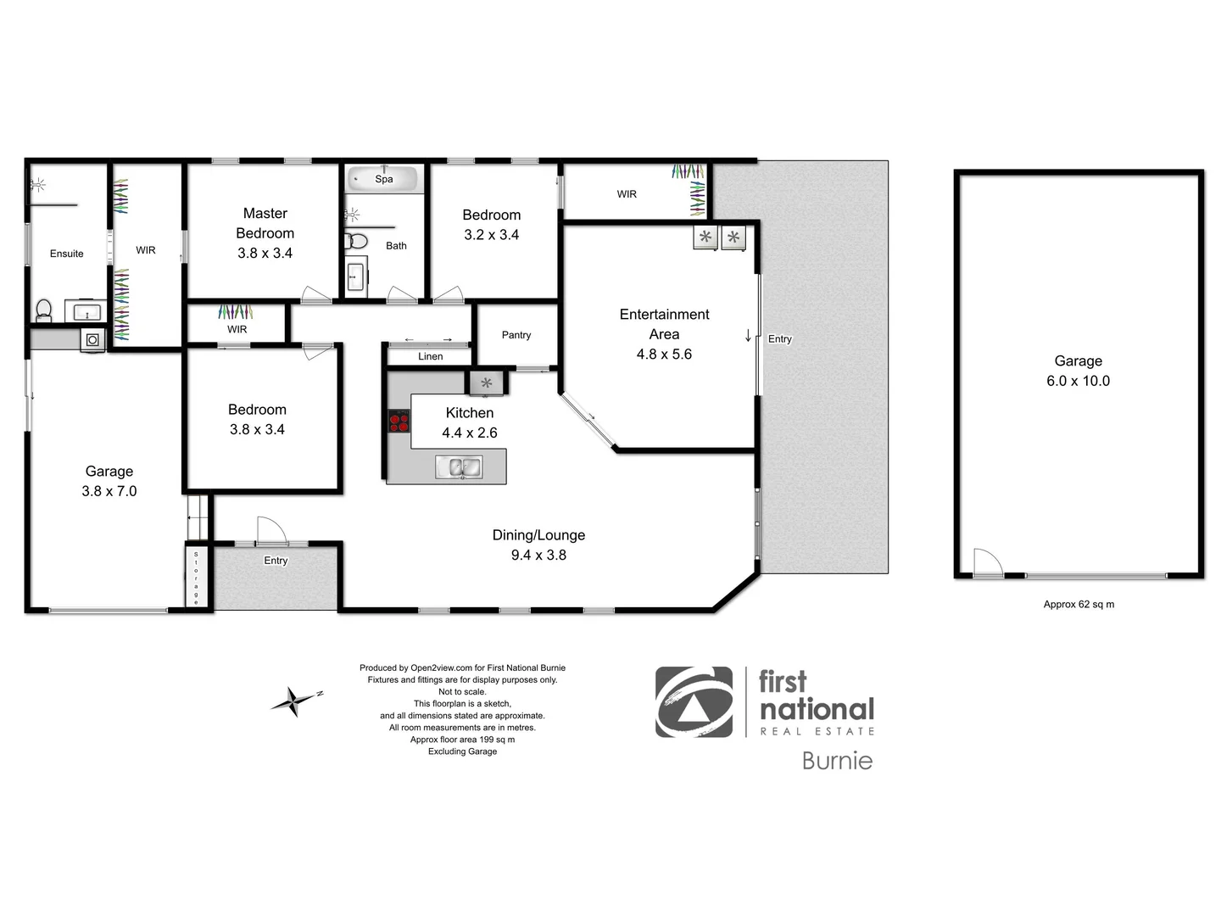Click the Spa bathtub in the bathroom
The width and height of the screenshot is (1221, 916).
(384, 179)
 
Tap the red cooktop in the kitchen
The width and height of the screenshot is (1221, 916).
(399, 422)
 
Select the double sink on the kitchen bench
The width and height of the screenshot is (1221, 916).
(459, 466)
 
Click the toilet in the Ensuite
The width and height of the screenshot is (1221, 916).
(43, 310)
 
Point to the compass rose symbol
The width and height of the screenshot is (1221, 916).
(294, 701)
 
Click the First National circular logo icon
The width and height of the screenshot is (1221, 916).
(694, 702)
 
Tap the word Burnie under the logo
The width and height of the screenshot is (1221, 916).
(837, 761)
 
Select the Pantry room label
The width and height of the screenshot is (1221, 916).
(516, 335)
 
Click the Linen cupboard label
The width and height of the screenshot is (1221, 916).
(430, 356)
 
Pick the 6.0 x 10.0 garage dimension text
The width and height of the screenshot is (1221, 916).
(1078, 381)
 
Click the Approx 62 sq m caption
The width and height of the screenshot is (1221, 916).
(1079, 605)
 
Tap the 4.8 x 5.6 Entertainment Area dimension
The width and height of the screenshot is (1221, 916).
(664, 355)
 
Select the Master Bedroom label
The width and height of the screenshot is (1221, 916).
(265, 223)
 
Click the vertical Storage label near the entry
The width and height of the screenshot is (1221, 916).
(196, 578)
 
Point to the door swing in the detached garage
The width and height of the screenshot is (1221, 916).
(987, 561)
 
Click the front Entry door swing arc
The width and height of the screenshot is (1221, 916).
(271, 530)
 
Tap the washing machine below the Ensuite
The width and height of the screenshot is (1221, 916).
(92, 340)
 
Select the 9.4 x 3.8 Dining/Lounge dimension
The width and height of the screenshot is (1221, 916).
(538, 555)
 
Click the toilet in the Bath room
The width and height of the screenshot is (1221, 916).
(356, 242)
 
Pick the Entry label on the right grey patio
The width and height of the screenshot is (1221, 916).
(779, 339)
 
